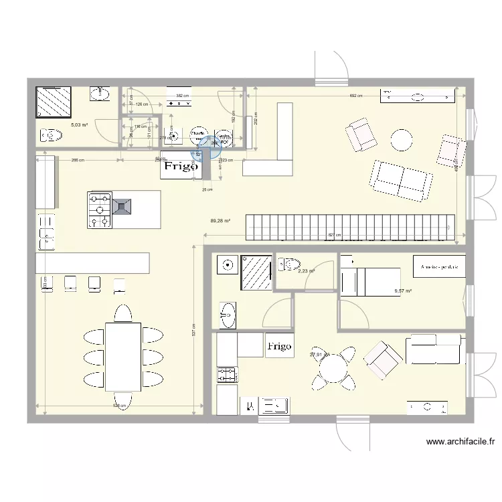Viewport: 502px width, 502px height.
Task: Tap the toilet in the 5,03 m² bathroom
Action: tap(51, 135)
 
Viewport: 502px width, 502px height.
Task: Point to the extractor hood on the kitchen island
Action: tap(122, 206)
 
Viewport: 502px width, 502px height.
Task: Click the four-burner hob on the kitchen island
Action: tap(99, 209)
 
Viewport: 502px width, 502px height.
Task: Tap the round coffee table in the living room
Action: tap(402, 139)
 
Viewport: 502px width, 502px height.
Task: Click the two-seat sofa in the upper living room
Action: tap(400, 180)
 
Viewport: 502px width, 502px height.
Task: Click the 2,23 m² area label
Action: tap(307, 271)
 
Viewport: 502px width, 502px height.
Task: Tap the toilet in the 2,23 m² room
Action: tap(288, 264)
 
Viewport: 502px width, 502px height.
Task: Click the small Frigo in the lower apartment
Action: tap(279, 346)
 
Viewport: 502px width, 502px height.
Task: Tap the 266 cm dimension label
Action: tap(78, 160)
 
